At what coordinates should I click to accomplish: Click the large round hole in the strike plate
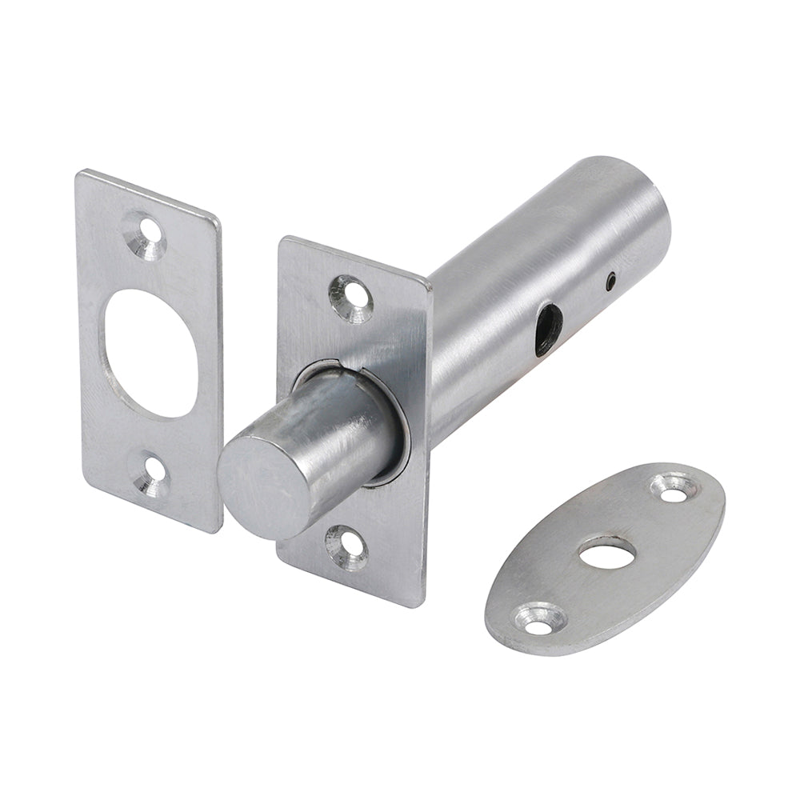(150, 352)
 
